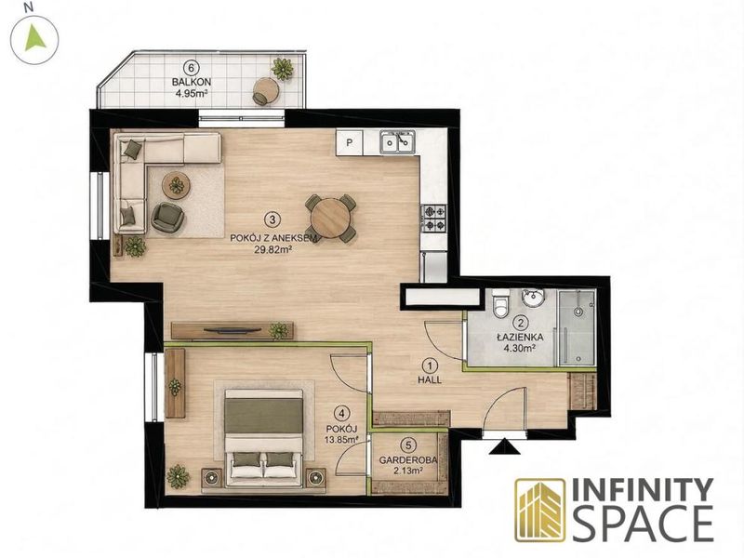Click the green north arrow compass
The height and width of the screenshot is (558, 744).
(x=34, y=38)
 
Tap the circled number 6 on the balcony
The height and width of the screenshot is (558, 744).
(x=191, y=68)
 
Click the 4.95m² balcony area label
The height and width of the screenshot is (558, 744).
(x=193, y=94)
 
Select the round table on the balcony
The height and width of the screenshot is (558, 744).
(x=265, y=89)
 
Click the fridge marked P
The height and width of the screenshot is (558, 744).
(x=350, y=142)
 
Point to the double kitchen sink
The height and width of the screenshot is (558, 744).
(x=397, y=141)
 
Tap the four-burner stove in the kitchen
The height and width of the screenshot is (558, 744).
(x=433, y=218)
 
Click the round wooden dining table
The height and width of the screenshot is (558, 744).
(x=331, y=218)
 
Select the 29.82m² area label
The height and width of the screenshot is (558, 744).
(x=272, y=249)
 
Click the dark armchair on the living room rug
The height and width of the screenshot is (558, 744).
(x=167, y=218)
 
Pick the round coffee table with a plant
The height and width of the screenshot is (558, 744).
(x=177, y=184)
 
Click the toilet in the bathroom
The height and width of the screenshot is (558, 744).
(x=500, y=303)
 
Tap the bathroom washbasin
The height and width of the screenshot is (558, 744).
(x=533, y=298)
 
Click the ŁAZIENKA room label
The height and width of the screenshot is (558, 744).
(x=520, y=338)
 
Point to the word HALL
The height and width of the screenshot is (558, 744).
(x=430, y=379)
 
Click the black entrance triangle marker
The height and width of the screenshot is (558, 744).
(x=505, y=447)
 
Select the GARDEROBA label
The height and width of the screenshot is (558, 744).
(x=408, y=460)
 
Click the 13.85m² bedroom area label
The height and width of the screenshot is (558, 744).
(x=341, y=440)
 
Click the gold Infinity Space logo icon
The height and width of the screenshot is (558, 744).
(x=540, y=510)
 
